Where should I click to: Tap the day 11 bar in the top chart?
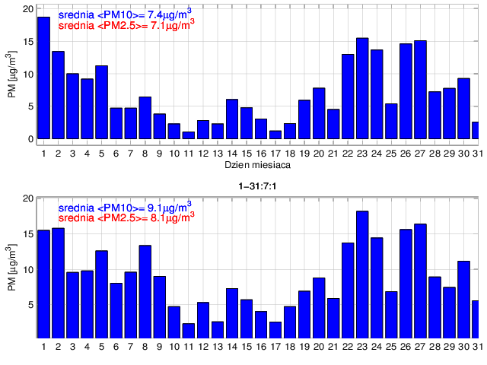[188, 135]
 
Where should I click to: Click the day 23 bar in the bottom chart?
[362, 274]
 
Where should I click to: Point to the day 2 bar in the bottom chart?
[58, 282]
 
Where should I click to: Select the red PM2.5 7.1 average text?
[126, 25]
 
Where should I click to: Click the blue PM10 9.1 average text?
[125, 206]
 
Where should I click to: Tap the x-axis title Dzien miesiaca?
[256, 164]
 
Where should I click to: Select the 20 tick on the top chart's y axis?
[28, 10]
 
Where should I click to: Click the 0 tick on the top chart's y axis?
[30, 139]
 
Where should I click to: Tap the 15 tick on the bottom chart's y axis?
[28, 233]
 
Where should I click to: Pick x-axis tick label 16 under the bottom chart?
[260, 346]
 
